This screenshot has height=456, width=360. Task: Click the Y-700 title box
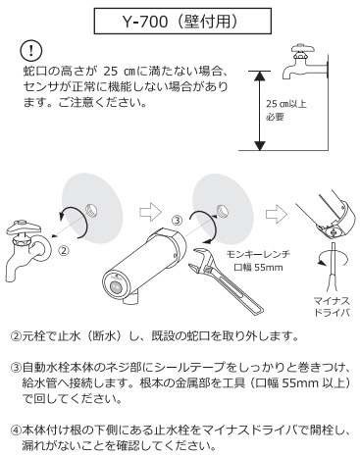pyautogui.click(x=182, y=22)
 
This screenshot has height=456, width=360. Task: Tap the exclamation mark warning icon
pyautogui.click(x=31, y=51)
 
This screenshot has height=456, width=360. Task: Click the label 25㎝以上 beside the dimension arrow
pyautogui.click(x=286, y=104)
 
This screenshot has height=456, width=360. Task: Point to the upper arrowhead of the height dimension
pyautogui.click(x=259, y=76)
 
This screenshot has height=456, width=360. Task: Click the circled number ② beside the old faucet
pyautogui.click(x=64, y=251)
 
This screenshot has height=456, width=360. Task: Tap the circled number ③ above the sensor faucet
pyautogui.click(x=177, y=221)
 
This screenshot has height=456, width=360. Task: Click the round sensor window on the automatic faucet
pyautogui.click(x=117, y=288)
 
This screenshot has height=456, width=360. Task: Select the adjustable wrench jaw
pyautogui.click(x=203, y=262)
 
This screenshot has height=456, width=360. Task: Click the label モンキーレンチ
pyautogui.click(x=259, y=254)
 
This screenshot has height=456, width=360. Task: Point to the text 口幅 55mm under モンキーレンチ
pyautogui.click(x=258, y=267)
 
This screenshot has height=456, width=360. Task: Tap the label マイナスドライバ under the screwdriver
pyautogui.click(x=332, y=306)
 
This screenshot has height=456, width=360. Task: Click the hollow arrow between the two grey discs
pyautogui.click(x=151, y=212)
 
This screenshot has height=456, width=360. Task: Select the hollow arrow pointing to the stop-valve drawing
pyautogui.click(x=277, y=215)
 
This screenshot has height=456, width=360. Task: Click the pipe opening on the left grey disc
pyautogui.click(x=92, y=209)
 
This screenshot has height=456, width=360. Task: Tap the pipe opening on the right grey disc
pyautogui.click(x=223, y=210)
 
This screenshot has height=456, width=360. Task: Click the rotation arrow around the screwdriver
pyautogui.click(x=333, y=258)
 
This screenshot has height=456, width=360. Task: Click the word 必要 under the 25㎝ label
pyautogui.click(x=275, y=117)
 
